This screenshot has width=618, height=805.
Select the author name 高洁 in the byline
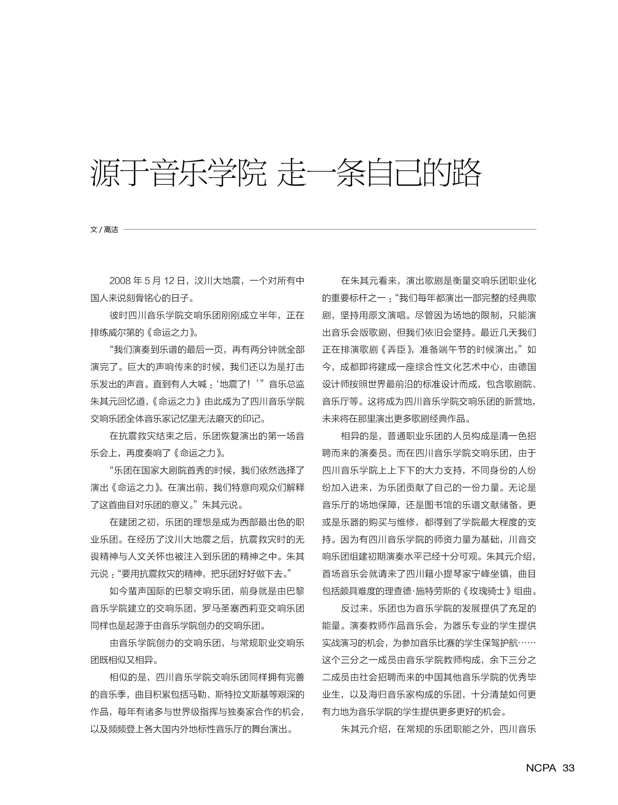111,230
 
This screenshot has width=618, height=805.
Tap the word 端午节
461,350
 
